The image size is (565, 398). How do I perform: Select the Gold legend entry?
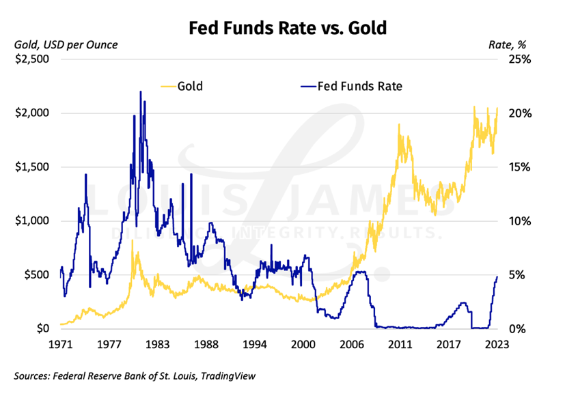[x=190, y=86]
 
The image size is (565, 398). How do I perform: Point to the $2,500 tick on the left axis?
[x=34, y=59]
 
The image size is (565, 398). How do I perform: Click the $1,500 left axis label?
[x=34, y=167]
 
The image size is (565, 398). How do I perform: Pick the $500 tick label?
[x=38, y=275]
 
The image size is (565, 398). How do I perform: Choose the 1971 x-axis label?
[x=61, y=345]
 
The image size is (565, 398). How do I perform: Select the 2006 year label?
[x=352, y=345]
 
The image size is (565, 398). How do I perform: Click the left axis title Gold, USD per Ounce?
[x=66, y=45]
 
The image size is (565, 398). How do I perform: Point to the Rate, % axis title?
[x=506, y=45]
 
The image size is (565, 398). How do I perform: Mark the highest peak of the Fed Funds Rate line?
[x=141, y=91]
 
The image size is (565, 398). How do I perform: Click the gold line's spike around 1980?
[x=132, y=241]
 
